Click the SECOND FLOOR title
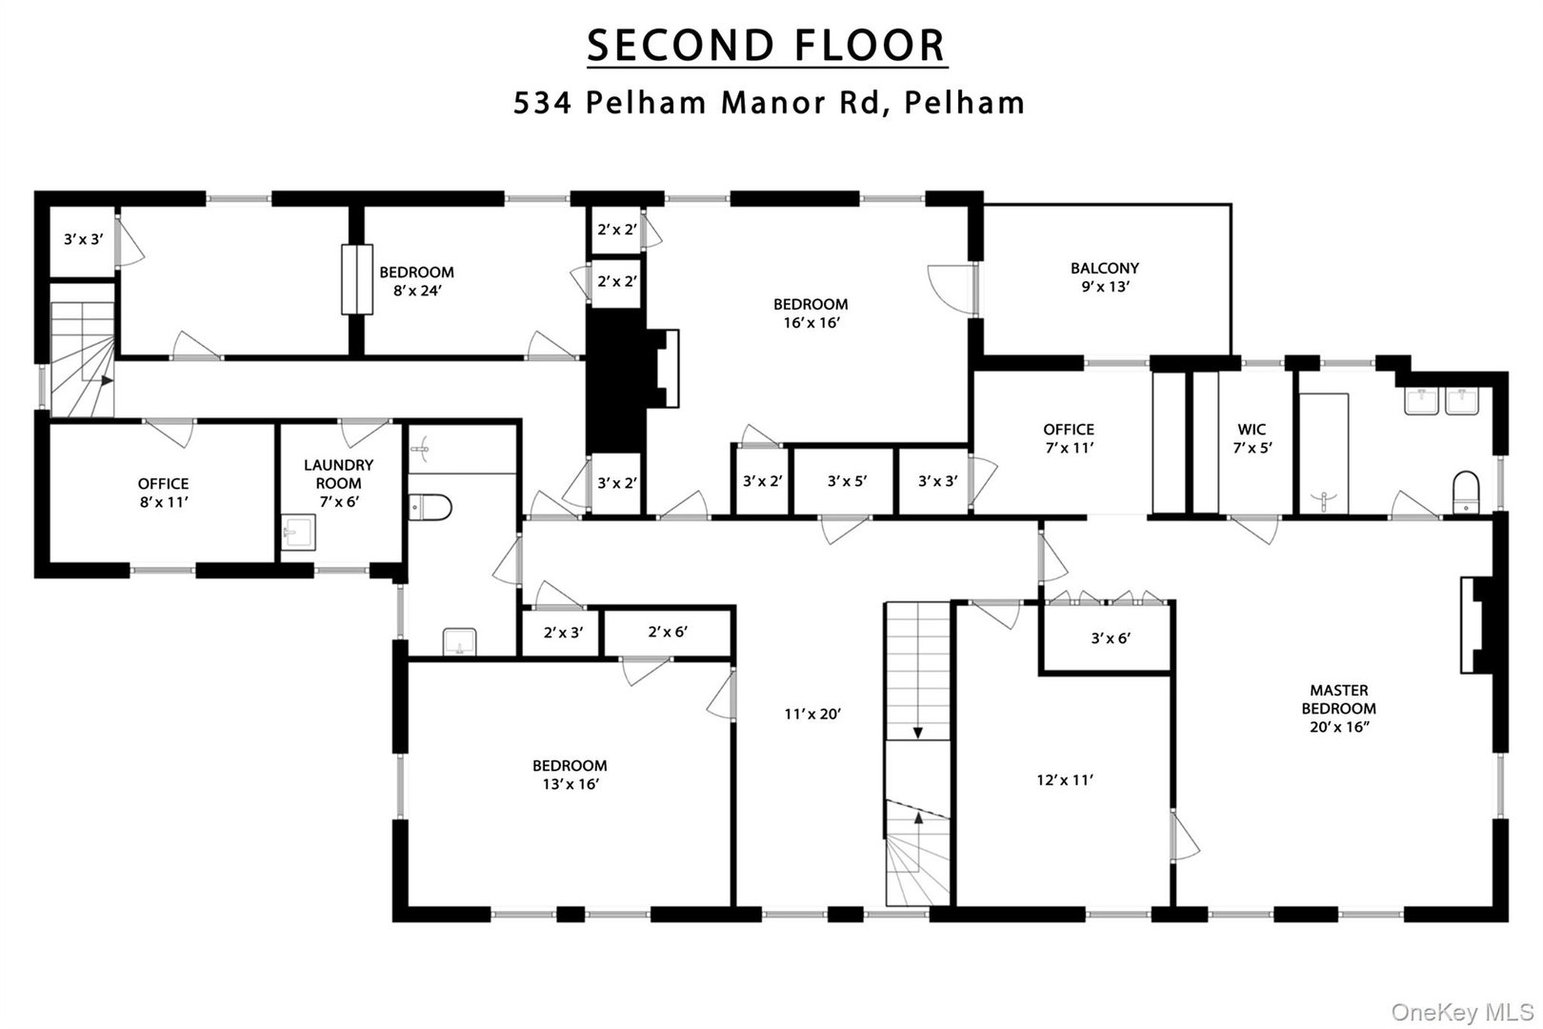(x=767, y=45)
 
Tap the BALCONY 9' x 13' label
(x=1104, y=277)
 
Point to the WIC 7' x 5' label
(x=1252, y=438)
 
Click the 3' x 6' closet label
(x=1111, y=638)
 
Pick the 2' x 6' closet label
(x=668, y=631)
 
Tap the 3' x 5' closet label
(x=846, y=481)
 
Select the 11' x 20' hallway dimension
(x=812, y=714)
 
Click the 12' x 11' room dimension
(x=1065, y=779)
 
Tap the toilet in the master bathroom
(x=1465, y=491)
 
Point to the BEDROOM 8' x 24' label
(x=416, y=281)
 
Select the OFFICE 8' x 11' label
(x=163, y=492)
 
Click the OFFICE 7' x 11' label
(x=1068, y=438)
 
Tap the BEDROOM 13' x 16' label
(x=570, y=775)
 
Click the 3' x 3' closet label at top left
(x=83, y=239)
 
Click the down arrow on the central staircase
(x=917, y=731)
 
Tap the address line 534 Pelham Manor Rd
(x=768, y=102)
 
